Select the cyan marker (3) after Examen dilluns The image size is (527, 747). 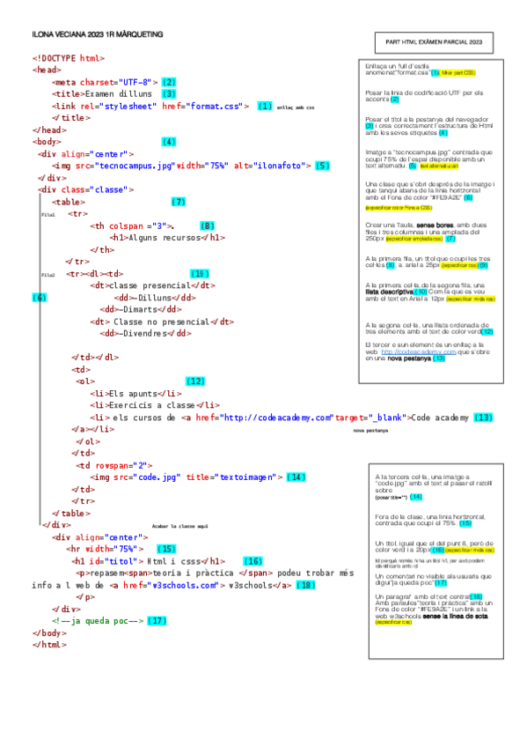(x=169, y=93)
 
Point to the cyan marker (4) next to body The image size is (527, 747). (x=169, y=142)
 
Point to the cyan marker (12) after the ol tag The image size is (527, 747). (x=195, y=381)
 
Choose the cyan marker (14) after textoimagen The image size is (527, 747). (x=296, y=477)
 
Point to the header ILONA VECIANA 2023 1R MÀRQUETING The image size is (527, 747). (x=97, y=33)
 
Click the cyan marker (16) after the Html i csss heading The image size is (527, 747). (x=253, y=560)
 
